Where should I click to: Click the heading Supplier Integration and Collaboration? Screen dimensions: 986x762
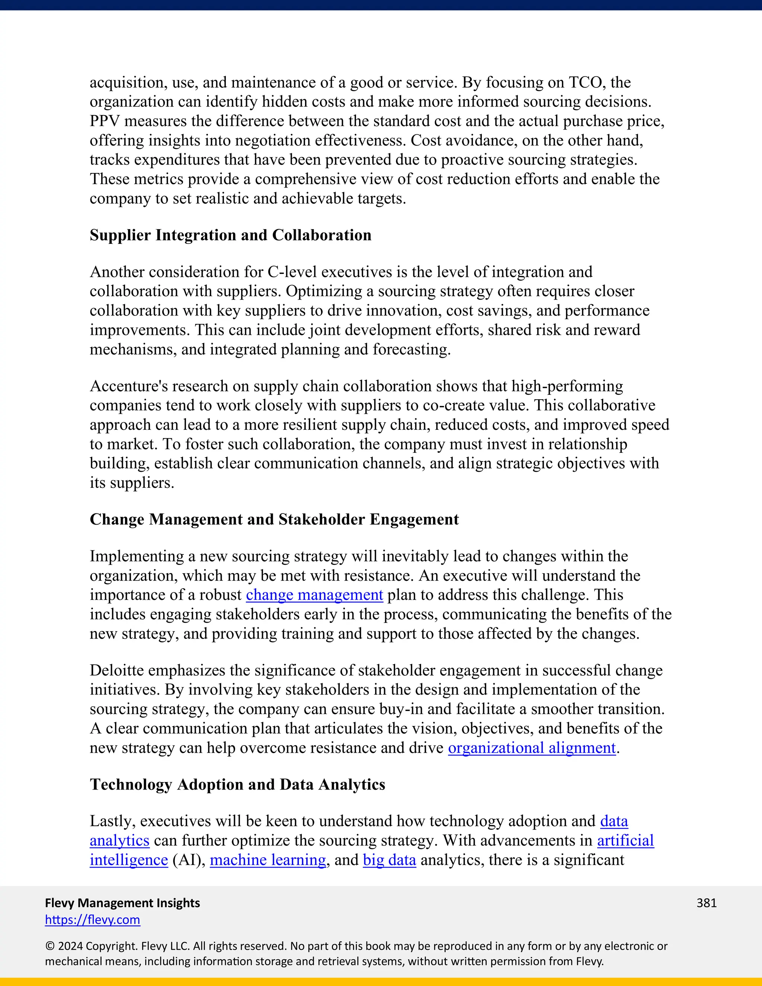(230, 235)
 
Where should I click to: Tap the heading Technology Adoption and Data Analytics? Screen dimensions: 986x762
(237, 784)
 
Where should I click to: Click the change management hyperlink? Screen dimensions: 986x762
(314, 595)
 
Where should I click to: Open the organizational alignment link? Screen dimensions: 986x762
(532, 748)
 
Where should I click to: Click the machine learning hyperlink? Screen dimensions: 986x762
(268, 859)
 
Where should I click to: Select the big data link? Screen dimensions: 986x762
(389, 859)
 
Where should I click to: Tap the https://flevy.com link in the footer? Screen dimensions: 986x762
(93, 920)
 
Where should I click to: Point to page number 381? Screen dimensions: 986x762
(707, 903)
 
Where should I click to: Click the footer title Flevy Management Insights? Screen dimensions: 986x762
(122, 903)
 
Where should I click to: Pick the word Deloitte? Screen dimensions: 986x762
(116, 670)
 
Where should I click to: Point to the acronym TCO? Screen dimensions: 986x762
(587, 83)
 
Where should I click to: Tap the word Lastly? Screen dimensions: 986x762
(112, 821)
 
